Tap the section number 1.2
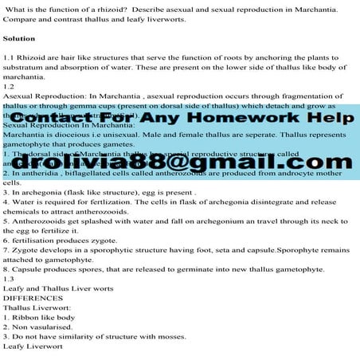[10, 85]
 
